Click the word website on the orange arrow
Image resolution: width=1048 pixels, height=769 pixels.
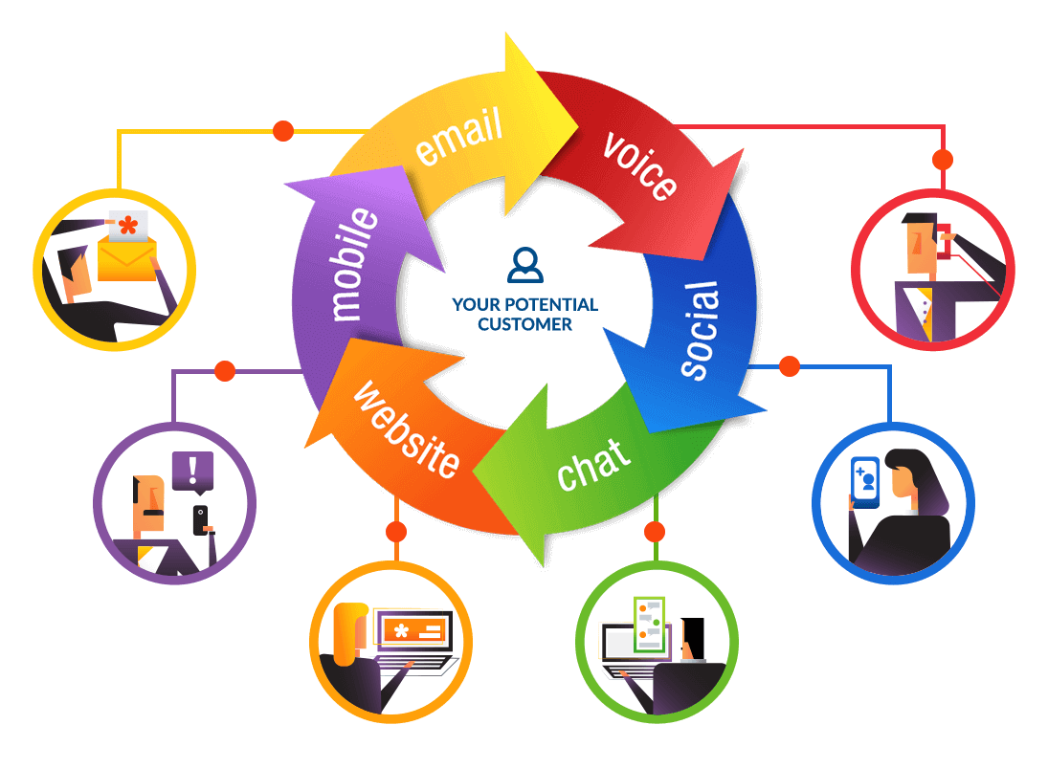[406, 429]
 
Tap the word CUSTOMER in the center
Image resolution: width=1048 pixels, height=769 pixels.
[524, 324]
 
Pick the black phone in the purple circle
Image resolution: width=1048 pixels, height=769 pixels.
[200, 520]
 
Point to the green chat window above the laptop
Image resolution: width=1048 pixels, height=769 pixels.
[650, 625]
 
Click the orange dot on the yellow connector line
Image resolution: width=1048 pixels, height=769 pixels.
[282, 129]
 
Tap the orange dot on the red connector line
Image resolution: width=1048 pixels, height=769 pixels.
[942, 159]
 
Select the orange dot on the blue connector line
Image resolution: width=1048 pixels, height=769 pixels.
[789, 365]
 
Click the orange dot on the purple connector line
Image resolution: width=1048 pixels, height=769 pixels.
[225, 370]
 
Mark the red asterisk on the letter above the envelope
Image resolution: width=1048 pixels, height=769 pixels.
[126, 228]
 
